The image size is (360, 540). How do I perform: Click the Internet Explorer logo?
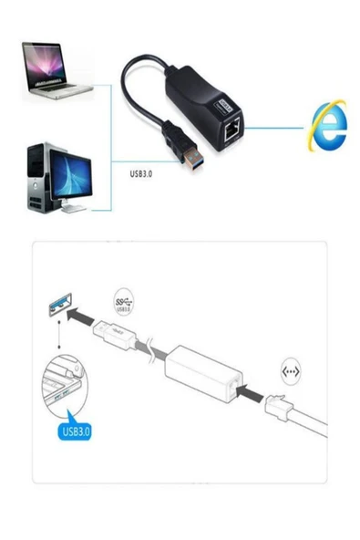pos(327,126)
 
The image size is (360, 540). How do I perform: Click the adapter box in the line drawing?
pos(201,372)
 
